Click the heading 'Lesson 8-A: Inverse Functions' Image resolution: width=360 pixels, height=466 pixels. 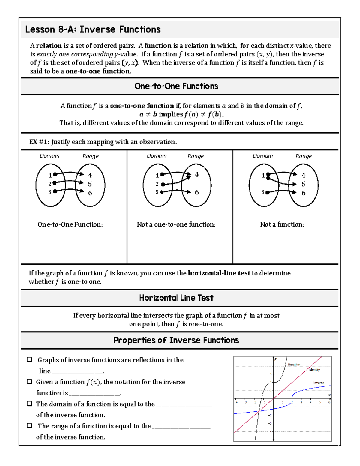93,29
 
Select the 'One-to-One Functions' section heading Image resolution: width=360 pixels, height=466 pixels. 176,86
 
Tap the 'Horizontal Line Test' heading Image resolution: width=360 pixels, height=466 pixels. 176,298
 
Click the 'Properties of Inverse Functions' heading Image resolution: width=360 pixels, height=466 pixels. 176,340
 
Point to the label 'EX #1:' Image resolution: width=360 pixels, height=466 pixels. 39,142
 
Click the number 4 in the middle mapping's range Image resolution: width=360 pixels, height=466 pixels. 197,174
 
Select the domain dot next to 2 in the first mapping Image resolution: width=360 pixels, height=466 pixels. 54,183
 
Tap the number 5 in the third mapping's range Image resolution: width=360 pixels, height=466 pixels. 303,184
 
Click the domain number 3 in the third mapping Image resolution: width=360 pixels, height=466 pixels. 262,192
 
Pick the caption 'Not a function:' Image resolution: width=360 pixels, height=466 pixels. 282,224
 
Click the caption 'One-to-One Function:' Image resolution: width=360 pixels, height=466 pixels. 70,224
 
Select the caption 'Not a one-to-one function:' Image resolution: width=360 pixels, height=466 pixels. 176,224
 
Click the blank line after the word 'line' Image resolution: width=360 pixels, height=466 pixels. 77,371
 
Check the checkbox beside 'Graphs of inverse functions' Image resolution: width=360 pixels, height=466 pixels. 30,359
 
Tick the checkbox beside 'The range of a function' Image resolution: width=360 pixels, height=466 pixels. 30,426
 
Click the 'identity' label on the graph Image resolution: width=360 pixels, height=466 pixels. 314,370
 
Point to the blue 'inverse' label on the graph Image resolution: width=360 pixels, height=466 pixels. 319,383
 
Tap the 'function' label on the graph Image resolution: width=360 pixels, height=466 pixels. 294,364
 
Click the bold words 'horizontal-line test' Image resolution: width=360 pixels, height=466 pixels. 219,273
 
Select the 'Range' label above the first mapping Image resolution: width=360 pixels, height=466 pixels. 91,156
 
